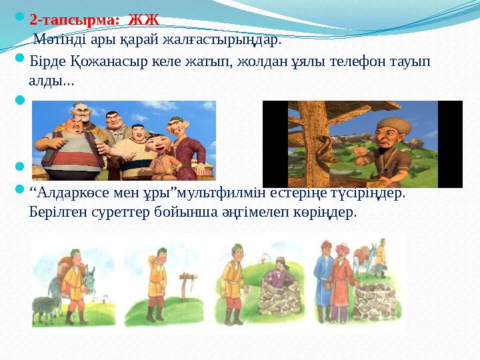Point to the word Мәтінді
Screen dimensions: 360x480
56,39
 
